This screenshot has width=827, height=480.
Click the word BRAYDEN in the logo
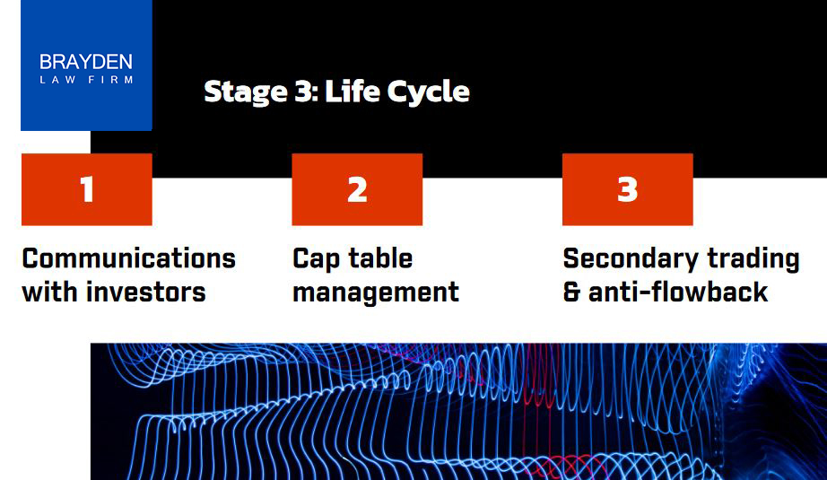(86, 62)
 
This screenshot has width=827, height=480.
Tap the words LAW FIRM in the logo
(86, 80)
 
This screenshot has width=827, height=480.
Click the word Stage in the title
(246, 92)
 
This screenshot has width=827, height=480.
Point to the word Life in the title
(350, 91)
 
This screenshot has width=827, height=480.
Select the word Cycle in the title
(428, 92)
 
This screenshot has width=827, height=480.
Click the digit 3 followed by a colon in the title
(307, 92)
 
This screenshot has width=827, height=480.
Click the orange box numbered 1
(87, 189)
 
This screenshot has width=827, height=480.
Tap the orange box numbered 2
(357, 189)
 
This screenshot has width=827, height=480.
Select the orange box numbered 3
(628, 189)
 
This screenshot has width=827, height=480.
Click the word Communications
(128, 258)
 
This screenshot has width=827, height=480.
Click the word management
(376, 293)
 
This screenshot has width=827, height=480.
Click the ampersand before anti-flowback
(571, 292)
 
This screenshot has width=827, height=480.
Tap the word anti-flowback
(678, 292)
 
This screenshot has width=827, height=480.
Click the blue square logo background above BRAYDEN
(86, 26)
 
